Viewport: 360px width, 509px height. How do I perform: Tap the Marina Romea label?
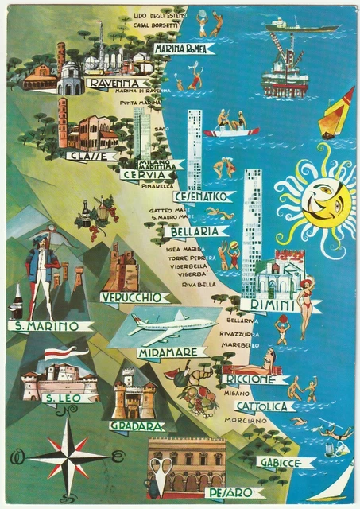[185, 49]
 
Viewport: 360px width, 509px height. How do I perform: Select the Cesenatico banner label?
[203, 196]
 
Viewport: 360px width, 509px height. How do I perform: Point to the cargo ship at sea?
[300, 25]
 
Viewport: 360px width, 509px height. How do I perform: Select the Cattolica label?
[265, 406]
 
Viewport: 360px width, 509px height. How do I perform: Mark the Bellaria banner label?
[194, 231]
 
